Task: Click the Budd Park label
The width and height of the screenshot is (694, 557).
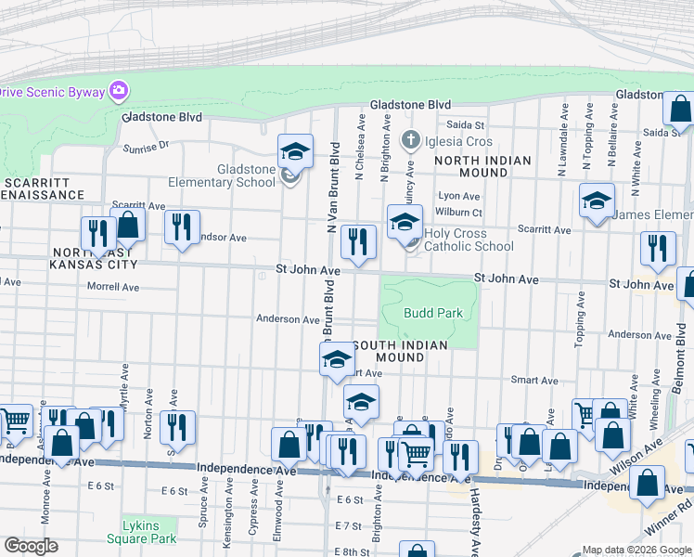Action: pyautogui.click(x=432, y=313)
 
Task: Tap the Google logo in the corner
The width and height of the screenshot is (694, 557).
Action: pyautogui.click(x=31, y=546)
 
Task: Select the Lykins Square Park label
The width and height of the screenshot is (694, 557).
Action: pyautogui.click(x=148, y=532)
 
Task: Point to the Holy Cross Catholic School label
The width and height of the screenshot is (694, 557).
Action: pyautogui.click(x=469, y=240)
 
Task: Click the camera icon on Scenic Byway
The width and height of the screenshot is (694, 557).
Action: pyautogui.click(x=119, y=91)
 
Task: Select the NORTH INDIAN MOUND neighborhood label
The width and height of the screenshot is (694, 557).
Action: pyautogui.click(x=483, y=166)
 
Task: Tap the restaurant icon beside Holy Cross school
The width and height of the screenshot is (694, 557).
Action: pyautogui.click(x=358, y=242)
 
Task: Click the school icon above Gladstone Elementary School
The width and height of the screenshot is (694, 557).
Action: pyautogui.click(x=295, y=150)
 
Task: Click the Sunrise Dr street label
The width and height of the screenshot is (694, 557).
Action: pyautogui.click(x=147, y=146)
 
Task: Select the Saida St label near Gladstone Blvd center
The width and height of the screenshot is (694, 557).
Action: pyautogui.click(x=467, y=124)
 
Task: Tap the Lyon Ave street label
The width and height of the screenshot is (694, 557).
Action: pyautogui.click(x=458, y=196)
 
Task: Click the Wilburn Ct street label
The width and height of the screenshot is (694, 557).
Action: pyautogui.click(x=459, y=212)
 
